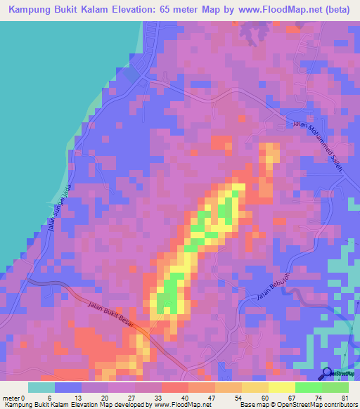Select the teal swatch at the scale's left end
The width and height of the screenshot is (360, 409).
coord(41,387)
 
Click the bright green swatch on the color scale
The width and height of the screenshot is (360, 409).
coord(308,387)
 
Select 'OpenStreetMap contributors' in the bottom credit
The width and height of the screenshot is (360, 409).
coord(318,405)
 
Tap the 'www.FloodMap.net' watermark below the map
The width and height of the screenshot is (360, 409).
coord(179,405)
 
